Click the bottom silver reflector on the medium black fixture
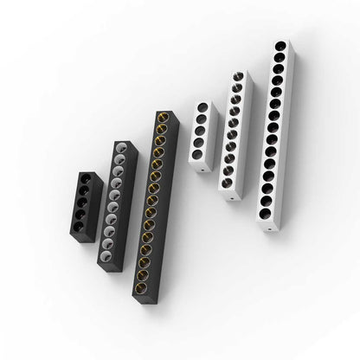106,254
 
